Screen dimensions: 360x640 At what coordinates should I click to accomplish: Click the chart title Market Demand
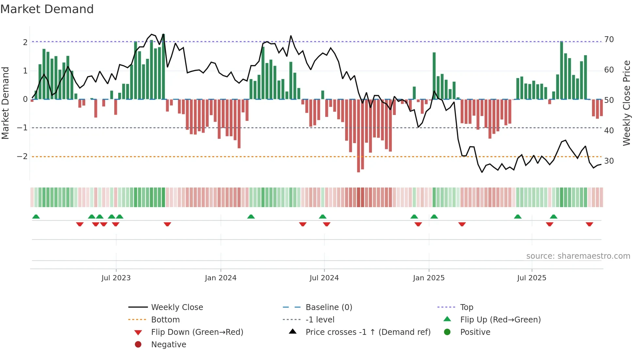(47, 9)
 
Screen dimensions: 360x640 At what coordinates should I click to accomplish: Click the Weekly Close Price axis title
(626, 103)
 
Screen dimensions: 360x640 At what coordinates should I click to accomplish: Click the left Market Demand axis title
(6, 103)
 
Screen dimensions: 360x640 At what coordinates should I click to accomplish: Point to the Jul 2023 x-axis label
(116, 278)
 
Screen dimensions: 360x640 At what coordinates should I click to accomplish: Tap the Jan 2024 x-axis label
(220, 278)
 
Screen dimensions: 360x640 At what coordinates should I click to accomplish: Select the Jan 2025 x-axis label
(428, 278)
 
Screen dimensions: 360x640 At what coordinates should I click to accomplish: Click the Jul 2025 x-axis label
(532, 278)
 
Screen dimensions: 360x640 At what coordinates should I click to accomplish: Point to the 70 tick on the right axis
(609, 40)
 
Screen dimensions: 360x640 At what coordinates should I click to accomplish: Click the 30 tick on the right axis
(609, 161)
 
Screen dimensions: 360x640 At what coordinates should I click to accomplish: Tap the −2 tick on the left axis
(22, 156)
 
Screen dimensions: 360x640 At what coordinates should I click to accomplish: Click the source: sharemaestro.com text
(578, 256)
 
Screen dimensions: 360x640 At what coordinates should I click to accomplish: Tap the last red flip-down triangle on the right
(589, 224)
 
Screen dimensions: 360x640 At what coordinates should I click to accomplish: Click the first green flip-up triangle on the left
(36, 217)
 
